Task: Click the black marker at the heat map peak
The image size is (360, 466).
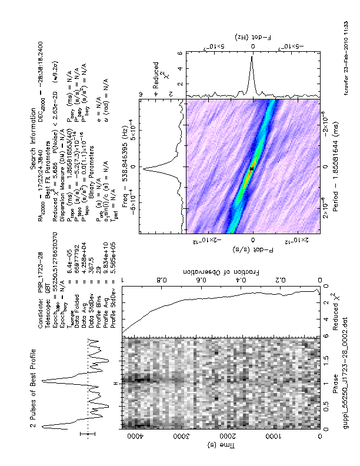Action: [x=251, y=169]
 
